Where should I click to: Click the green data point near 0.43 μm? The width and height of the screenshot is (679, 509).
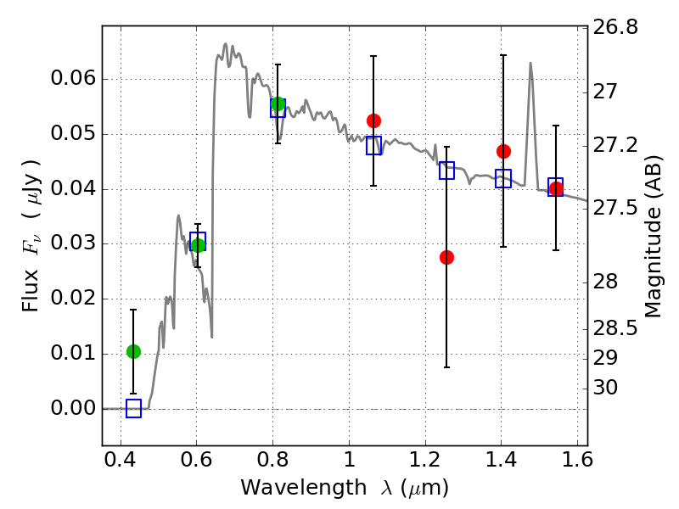tap(133, 351)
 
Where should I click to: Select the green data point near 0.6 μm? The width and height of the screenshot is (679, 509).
tap(198, 245)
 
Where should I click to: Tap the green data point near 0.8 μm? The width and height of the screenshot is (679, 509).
tap(278, 104)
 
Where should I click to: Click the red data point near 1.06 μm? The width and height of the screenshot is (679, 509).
tap(373, 120)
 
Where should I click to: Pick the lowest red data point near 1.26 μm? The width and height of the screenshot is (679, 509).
tap(446, 257)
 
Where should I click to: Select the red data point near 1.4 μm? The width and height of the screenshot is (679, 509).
tap(503, 151)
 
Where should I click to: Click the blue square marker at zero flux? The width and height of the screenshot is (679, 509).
tap(133, 408)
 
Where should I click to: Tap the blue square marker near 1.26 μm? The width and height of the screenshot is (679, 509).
tap(446, 171)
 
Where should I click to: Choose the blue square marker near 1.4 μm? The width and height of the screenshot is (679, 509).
tap(503, 178)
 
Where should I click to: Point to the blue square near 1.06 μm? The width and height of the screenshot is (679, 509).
tap(373, 145)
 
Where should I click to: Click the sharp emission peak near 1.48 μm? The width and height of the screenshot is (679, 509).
tap(530, 64)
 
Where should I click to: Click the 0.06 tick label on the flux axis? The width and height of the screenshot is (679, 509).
tap(75, 80)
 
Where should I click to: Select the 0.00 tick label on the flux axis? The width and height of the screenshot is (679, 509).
tap(75, 408)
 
